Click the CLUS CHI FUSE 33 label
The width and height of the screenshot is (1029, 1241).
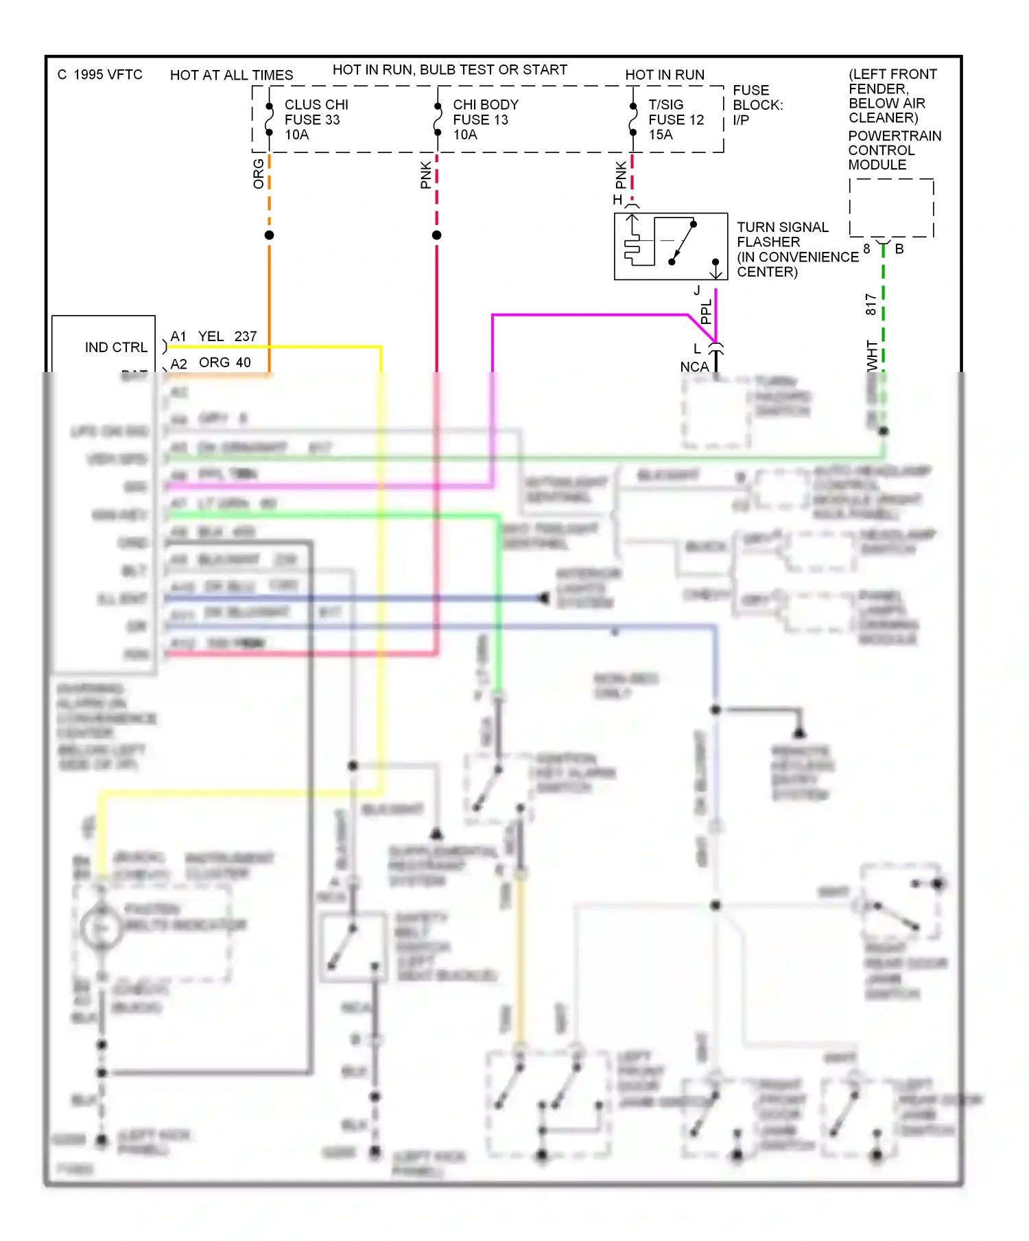(x=316, y=119)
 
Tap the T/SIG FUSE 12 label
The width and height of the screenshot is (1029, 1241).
(x=675, y=119)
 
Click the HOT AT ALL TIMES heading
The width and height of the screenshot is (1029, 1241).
(x=231, y=75)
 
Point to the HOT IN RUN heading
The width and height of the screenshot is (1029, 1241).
(x=664, y=75)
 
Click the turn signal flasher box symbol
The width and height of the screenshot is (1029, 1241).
(x=670, y=246)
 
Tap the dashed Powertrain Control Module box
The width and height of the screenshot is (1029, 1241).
(x=890, y=208)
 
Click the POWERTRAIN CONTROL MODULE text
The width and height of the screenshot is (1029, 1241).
(x=894, y=150)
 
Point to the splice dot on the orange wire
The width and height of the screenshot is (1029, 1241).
(x=269, y=235)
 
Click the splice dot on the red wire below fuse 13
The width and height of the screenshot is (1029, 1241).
(x=436, y=235)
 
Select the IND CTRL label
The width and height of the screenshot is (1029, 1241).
(x=116, y=347)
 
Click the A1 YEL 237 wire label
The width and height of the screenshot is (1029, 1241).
(x=213, y=336)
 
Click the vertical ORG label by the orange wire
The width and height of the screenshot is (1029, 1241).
(x=259, y=174)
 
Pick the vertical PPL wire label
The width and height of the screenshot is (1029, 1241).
(x=706, y=312)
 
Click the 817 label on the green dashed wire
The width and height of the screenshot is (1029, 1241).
(x=871, y=304)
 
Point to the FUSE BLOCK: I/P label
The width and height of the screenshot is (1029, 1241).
(x=757, y=105)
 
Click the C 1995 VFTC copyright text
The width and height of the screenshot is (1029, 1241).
(x=100, y=74)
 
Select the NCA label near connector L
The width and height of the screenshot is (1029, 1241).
(x=694, y=367)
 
